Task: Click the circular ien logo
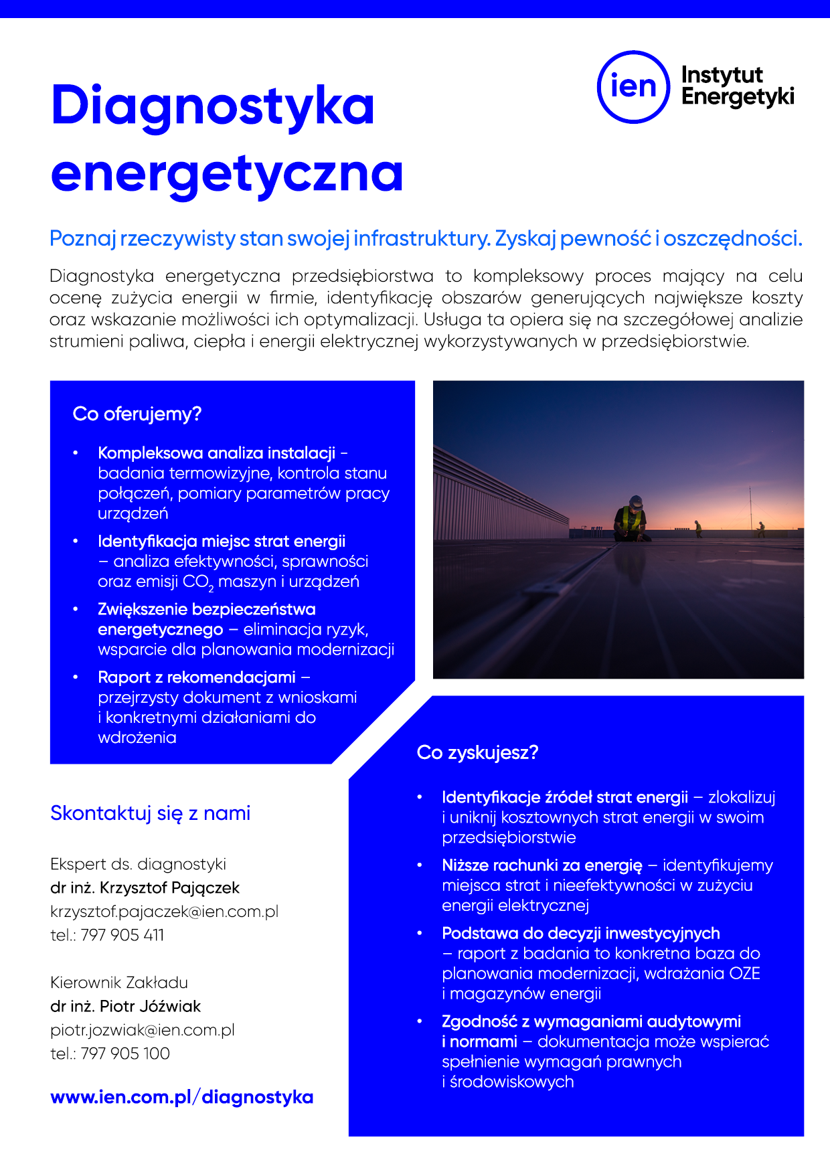pos(633,87)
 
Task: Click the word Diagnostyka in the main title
pos(212,106)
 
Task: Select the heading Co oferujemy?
pos(137,414)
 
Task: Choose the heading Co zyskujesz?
pos(477,752)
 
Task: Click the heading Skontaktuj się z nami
pos(150,813)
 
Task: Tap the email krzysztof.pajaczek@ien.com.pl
pos(164,912)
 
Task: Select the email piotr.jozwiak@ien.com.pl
pos(142,1030)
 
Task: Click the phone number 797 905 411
pos(122,935)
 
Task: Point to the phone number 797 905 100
pos(125,1054)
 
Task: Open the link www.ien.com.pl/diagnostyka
pos(181,1098)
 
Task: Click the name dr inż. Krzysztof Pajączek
pos(145,888)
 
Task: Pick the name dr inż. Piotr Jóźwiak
pos(125,1007)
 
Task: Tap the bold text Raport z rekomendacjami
pos(196,677)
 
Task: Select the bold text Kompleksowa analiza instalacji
pos(216,453)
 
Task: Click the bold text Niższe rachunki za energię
pos(542,865)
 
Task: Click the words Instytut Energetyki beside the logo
pos(737,86)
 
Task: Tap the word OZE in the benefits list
pos(744,973)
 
